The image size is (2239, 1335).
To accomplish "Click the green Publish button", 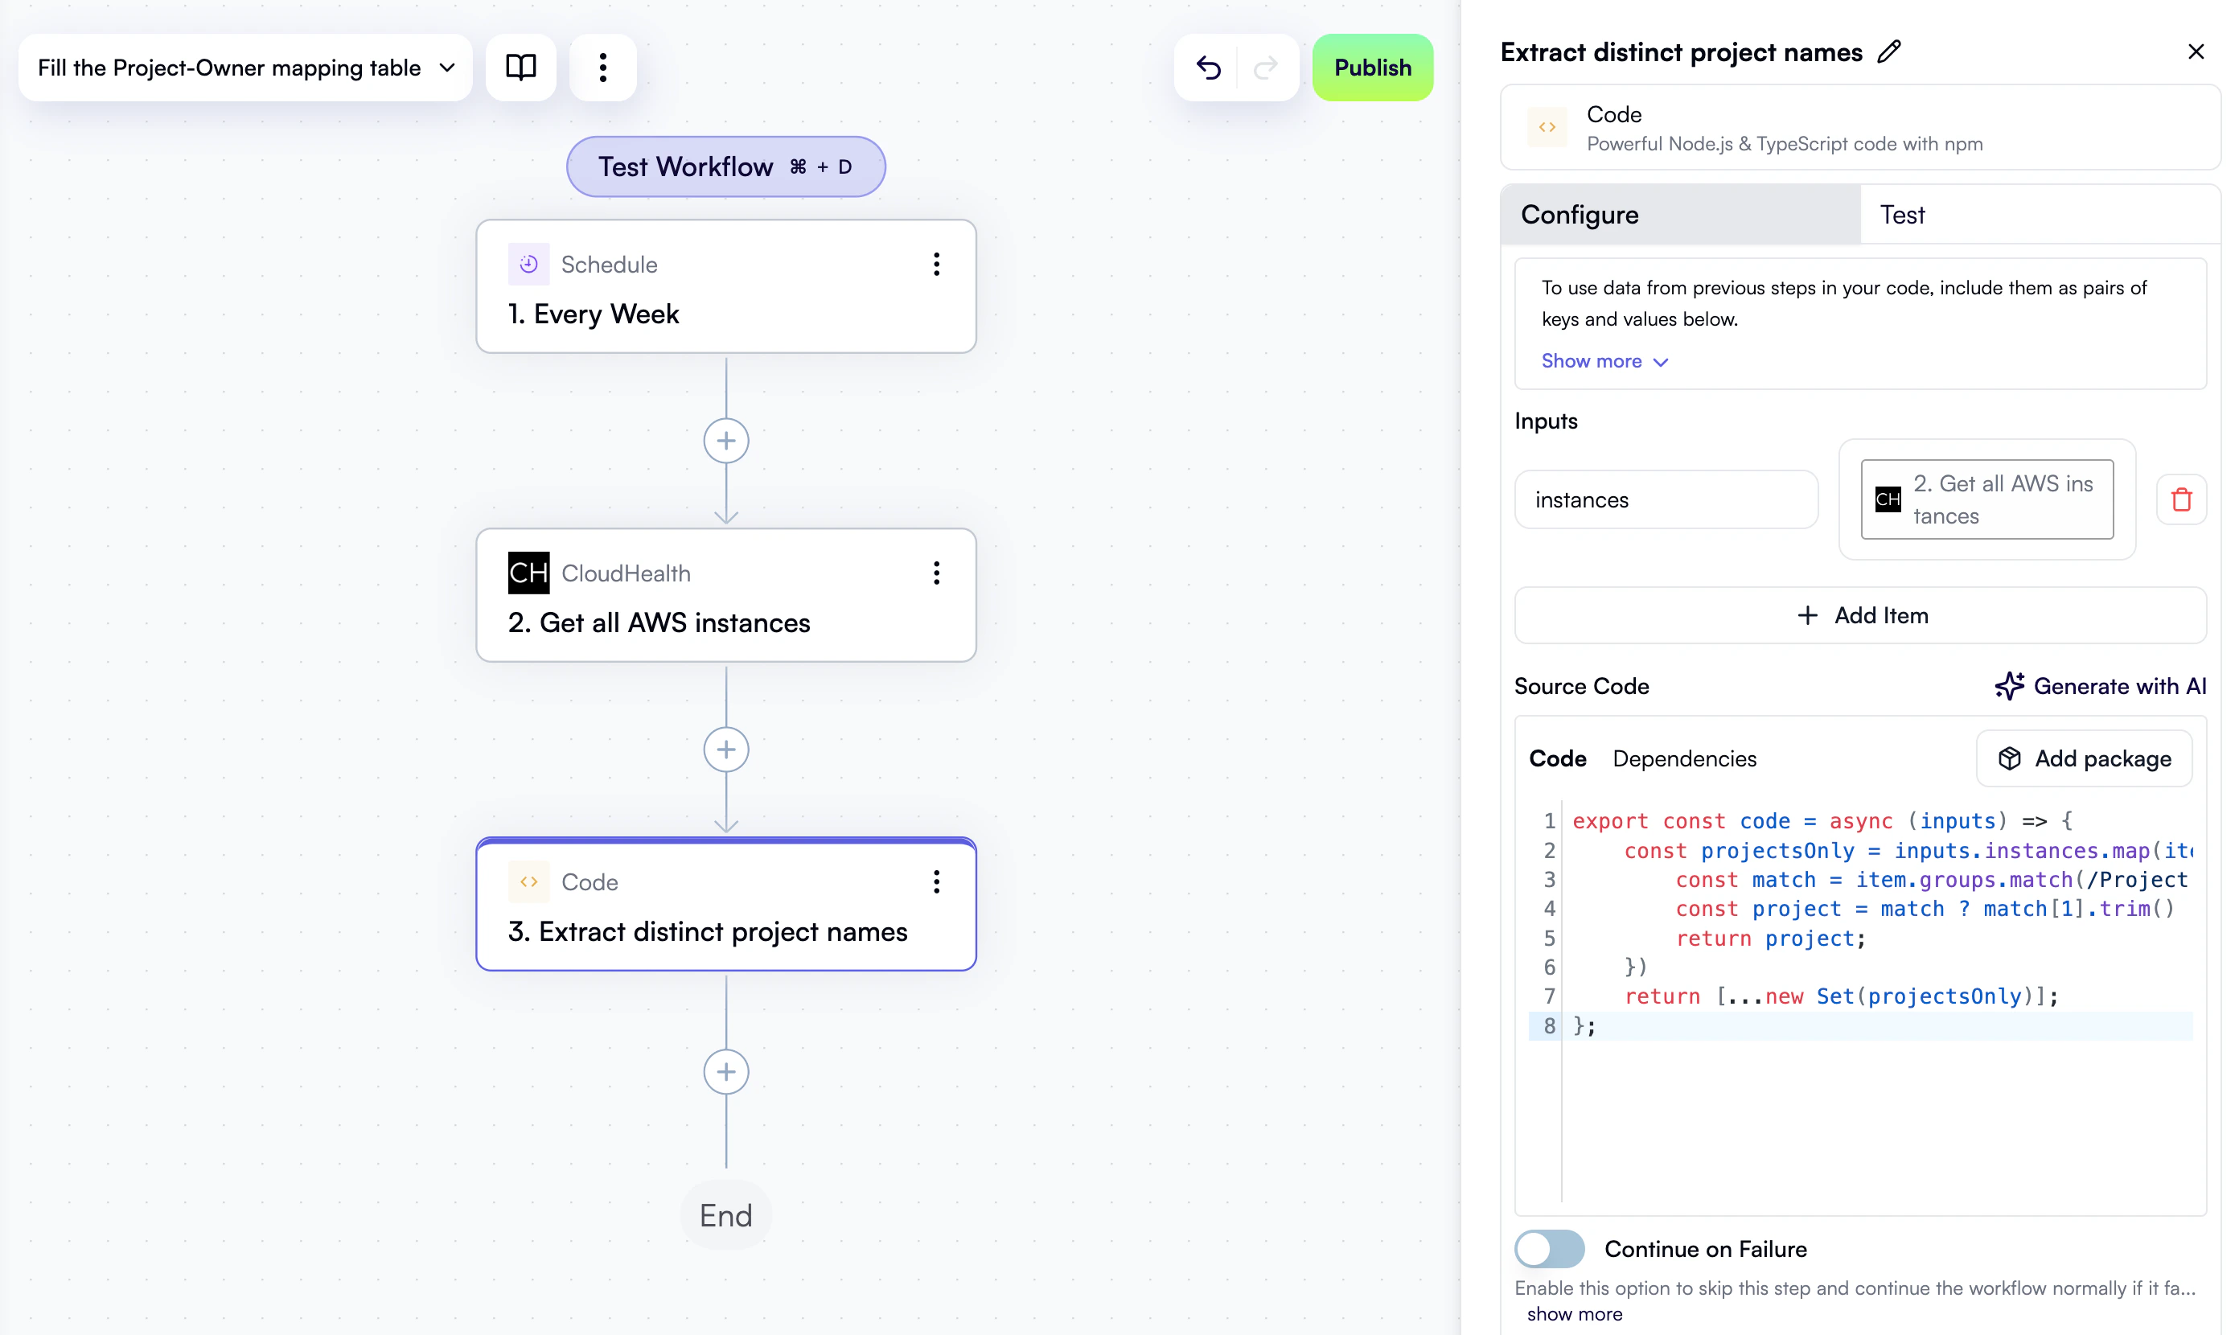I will (x=1372, y=68).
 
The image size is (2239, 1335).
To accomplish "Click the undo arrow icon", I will (x=1208, y=68).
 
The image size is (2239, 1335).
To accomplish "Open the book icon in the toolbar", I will (x=521, y=68).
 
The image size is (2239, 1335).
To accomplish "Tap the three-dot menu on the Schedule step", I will (x=936, y=265).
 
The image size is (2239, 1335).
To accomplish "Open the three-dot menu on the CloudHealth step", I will (x=936, y=573).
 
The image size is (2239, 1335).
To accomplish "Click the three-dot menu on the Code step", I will (x=936, y=881).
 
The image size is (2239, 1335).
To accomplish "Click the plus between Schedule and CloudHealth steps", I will (x=726, y=441).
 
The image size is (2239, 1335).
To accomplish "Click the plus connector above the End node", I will (x=726, y=1071).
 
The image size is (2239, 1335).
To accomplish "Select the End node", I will (x=726, y=1215).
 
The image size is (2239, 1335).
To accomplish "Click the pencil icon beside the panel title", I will (x=1889, y=52).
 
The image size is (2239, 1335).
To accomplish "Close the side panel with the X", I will (x=2196, y=52).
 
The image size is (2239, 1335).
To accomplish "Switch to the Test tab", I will (x=1902, y=215).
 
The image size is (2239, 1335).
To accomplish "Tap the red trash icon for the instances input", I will (x=2181, y=499).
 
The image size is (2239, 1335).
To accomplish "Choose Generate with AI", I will (x=2101, y=686).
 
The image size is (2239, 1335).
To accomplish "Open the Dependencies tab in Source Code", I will (x=1684, y=758).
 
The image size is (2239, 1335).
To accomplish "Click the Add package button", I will (x=2085, y=758).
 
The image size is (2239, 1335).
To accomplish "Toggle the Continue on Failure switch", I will (x=1549, y=1249).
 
